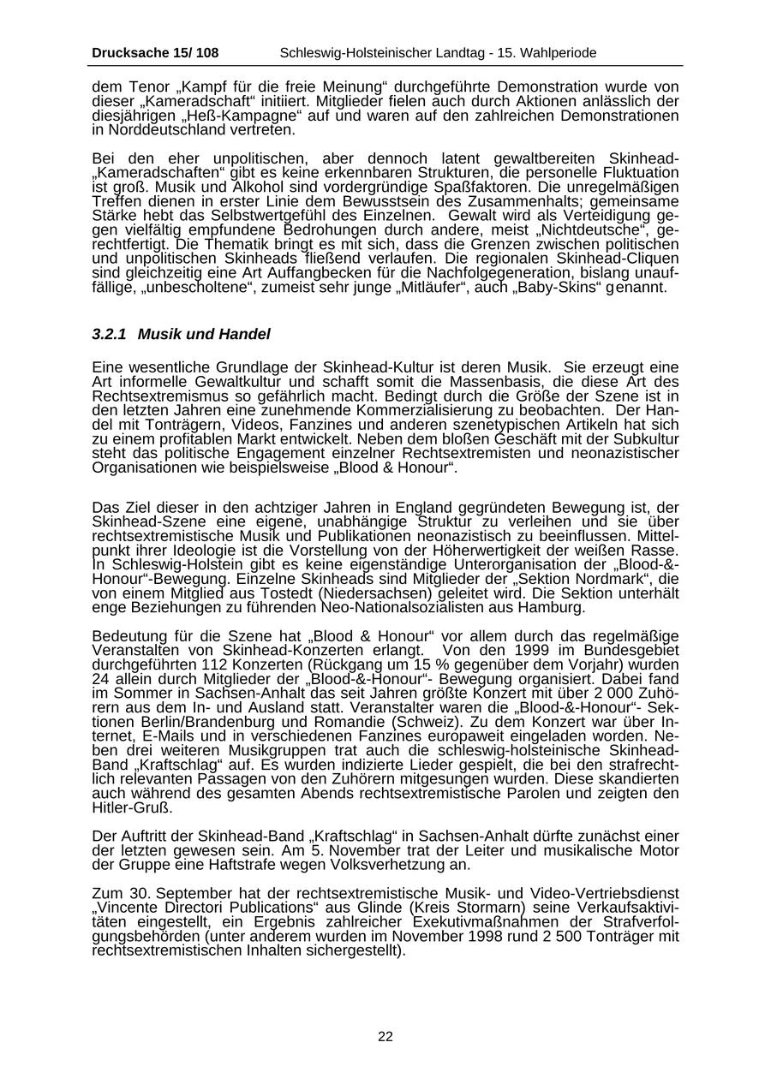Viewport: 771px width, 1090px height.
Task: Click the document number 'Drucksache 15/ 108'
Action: coord(155,53)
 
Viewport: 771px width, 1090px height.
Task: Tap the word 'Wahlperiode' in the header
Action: coord(562,53)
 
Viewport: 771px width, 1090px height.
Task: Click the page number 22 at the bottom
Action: coord(385,1037)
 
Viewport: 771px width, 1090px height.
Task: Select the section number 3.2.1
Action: coord(109,334)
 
